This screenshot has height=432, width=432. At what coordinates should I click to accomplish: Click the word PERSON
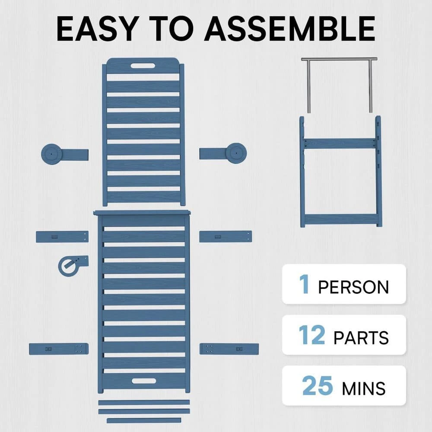[x=353, y=287]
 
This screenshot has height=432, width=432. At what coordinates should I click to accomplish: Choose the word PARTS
[x=361, y=337]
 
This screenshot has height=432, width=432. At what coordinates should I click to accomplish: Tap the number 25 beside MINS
[x=318, y=386]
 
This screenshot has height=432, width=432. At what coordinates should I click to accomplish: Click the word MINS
[x=363, y=388]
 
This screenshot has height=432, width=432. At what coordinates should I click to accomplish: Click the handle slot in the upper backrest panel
[x=143, y=66]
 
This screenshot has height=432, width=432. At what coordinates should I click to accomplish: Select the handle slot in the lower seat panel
[x=144, y=381]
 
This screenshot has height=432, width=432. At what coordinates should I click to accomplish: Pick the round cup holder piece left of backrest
[x=53, y=153]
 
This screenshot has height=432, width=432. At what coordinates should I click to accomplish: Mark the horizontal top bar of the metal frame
[x=339, y=59]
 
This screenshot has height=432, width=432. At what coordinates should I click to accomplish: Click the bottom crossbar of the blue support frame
[x=341, y=220]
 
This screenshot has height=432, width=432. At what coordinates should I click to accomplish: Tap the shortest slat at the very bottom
[x=144, y=420]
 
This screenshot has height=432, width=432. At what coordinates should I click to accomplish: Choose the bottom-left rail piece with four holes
[x=59, y=348]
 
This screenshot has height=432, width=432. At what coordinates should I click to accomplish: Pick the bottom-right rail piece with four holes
[x=229, y=348]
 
